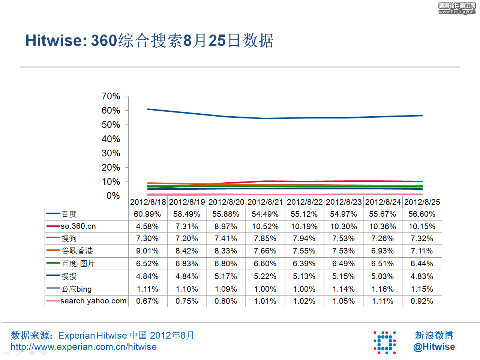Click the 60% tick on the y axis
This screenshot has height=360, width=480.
(111, 111)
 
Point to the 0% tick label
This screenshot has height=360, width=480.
(113, 196)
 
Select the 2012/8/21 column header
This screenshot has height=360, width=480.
(265, 202)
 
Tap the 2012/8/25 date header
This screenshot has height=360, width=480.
(422, 202)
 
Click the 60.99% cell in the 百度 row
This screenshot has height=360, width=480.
(147, 214)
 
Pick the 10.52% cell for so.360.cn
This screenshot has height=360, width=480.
(265, 226)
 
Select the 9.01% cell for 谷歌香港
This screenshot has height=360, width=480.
(147, 251)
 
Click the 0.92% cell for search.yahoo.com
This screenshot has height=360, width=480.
(422, 301)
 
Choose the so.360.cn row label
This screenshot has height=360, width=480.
(78, 226)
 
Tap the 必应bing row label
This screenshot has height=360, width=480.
(76, 289)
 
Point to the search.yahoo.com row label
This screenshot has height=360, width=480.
(93, 301)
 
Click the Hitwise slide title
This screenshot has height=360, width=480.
(149, 40)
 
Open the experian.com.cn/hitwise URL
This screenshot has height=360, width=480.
(84, 347)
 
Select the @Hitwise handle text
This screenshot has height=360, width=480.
(434, 347)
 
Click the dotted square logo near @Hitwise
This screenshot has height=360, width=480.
(385, 342)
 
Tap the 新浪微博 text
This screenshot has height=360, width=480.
(434, 335)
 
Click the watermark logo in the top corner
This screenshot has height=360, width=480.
(457, 8)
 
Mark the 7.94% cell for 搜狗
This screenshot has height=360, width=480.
(304, 238)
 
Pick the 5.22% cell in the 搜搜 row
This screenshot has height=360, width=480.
(265, 276)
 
